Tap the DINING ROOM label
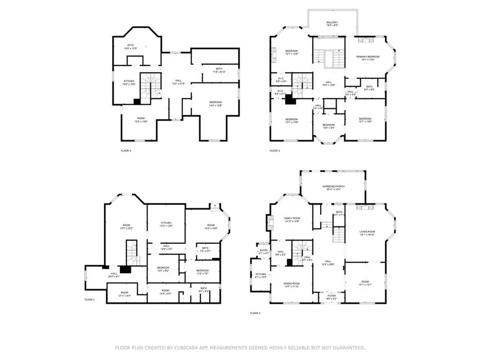292,285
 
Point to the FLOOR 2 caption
255,313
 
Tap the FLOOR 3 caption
274,151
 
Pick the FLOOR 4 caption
126,151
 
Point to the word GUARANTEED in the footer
346,348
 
